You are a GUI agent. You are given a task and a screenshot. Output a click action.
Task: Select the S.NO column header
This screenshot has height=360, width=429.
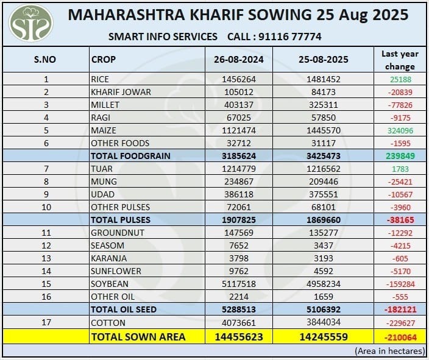point(46,60)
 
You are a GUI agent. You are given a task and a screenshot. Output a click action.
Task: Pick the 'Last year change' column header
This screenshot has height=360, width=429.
point(400,60)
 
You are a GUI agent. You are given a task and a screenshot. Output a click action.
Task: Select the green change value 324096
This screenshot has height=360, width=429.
point(400,130)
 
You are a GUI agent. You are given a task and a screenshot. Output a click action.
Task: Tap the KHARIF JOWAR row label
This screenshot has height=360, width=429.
point(121,92)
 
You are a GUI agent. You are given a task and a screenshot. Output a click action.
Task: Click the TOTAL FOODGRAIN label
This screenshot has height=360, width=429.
point(130,156)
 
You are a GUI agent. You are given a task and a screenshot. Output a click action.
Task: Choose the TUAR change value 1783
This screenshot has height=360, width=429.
point(400,169)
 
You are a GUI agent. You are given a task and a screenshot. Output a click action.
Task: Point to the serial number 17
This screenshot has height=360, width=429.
point(46,322)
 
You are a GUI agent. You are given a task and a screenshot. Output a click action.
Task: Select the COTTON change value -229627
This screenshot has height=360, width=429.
point(400,322)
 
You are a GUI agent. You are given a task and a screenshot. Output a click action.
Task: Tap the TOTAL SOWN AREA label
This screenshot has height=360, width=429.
point(138,336)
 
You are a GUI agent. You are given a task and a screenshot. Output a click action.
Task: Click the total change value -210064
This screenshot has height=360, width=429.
point(400,336)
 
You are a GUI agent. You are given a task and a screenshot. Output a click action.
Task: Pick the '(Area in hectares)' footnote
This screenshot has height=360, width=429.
point(389,351)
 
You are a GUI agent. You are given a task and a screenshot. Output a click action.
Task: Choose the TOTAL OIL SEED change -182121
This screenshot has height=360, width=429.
point(400,309)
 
